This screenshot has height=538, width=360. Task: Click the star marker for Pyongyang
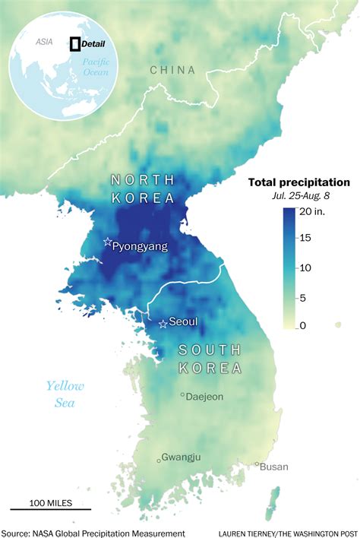point(107,242)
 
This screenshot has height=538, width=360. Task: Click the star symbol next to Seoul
point(163,324)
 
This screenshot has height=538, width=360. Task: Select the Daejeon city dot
point(182,395)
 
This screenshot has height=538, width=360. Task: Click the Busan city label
point(274,467)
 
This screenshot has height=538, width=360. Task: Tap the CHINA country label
point(172,70)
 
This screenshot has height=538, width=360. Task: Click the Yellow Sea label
point(65,394)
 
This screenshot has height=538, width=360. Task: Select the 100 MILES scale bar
point(50,508)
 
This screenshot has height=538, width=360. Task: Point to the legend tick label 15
point(304,239)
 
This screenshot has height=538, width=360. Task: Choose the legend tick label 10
point(304,267)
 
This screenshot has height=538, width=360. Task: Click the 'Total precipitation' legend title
point(299,182)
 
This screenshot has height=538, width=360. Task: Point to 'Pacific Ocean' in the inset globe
point(96,66)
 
